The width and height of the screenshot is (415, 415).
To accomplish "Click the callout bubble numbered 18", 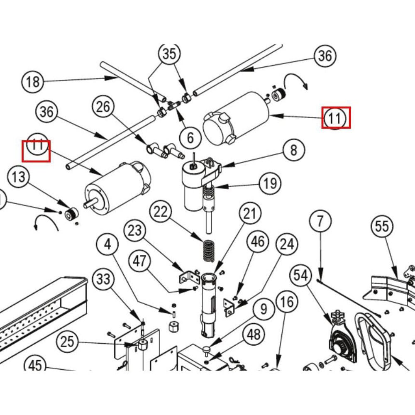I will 32,81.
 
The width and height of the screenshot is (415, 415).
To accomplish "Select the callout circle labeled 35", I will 169,54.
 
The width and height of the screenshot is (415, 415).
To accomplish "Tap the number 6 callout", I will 190,137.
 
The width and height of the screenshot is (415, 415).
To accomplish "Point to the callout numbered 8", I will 294,150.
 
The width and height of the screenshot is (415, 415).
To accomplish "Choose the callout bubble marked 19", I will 270,183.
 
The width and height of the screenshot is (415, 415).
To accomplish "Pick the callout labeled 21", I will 250,214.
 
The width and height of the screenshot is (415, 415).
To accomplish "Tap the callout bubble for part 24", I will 287,245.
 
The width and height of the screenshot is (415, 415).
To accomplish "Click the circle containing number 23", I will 135,231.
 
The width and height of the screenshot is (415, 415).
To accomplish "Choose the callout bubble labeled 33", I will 103,279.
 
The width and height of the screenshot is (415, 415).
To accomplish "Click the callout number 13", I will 19,177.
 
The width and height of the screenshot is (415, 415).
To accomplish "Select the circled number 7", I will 320,222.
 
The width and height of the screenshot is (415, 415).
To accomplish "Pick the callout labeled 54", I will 302,275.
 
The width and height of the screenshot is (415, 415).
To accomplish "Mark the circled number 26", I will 103,107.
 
